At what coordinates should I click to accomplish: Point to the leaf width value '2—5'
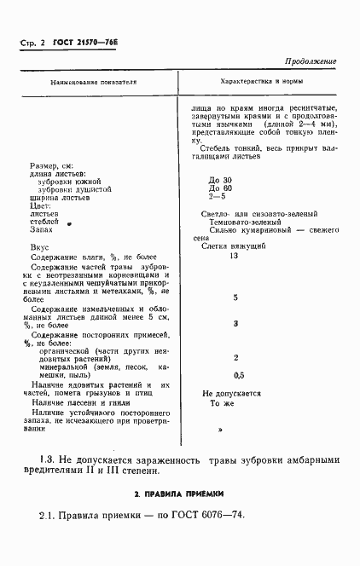click(x=219, y=201)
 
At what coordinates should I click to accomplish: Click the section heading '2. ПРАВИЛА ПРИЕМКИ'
click(x=177, y=494)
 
